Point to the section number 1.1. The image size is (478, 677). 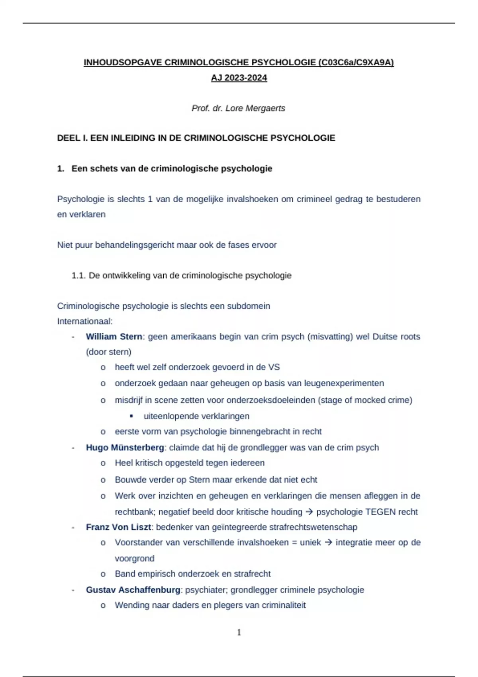[x=78, y=276]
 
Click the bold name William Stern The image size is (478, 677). [x=114, y=337]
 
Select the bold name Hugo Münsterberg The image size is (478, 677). [x=125, y=448]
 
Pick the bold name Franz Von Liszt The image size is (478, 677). [x=118, y=527]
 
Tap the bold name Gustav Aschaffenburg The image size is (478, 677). [x=133, y=590]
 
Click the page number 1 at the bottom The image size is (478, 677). [x=239, y=632]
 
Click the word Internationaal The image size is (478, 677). [x=84, y=321]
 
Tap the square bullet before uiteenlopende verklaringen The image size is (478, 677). [x=131, y=416]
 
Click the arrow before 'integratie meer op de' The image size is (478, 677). [x=328, y=542]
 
